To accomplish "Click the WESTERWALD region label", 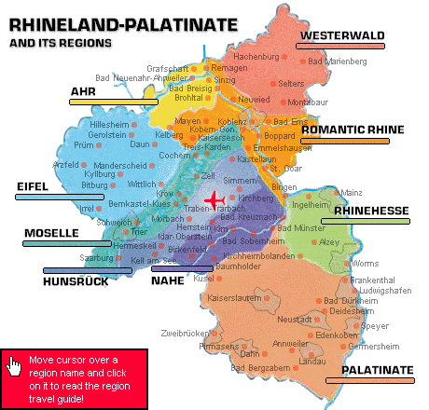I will [x=341, y=36].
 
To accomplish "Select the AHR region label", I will [x=84, y=91].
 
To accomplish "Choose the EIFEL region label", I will [x=32, y=187].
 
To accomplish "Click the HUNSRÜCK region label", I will [x=76, y=280].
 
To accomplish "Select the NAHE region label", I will [x=168, y=280].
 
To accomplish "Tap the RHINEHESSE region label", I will [x=371, y=212].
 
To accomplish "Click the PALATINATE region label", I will [x=377, y=370].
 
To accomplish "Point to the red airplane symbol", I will [x=215, y=199].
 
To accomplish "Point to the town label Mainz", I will [x=352, y=192].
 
